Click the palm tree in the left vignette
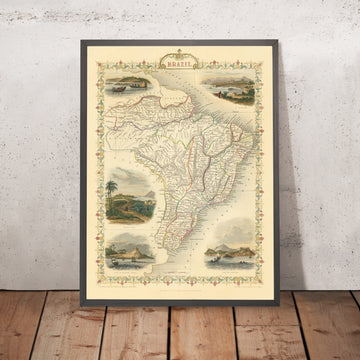tap(112, 190)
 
